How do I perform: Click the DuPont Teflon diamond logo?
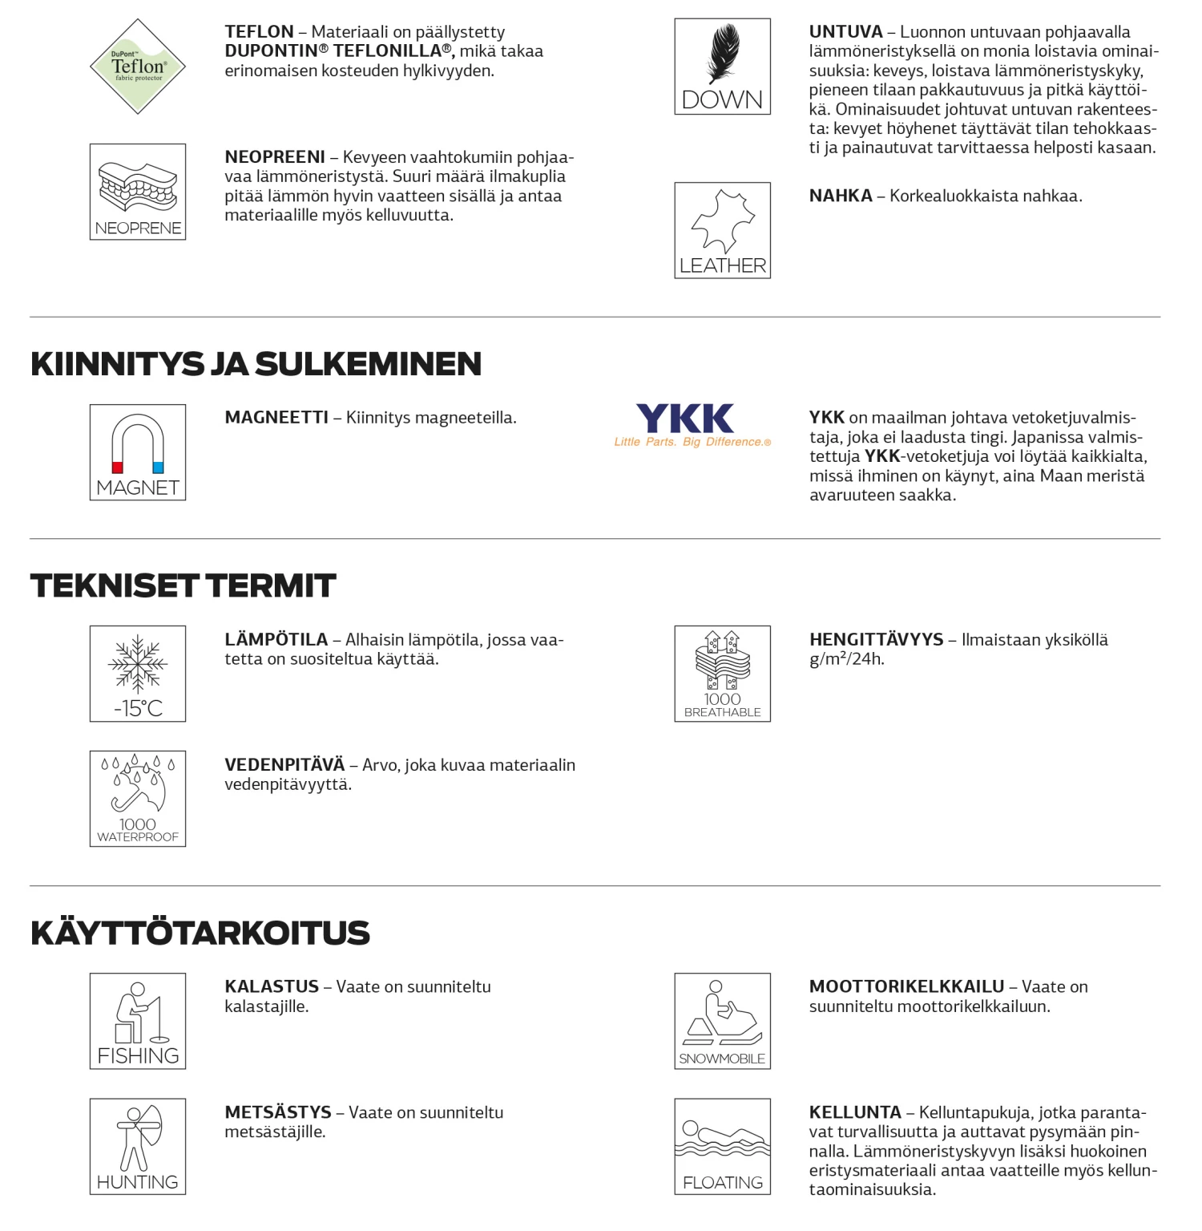[x=138, y=67]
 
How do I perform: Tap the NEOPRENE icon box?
[x=138, y=192]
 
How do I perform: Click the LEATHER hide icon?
[x=723, y=221]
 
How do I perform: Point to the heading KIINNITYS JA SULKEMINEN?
[x=256, y=364]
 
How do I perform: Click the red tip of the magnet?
[x=117, y=468]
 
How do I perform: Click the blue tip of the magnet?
[x=158, y=468]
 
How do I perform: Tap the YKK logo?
[x=685, y=419]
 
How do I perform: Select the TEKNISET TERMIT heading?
[x=183, y=586]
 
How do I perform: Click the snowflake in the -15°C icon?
[x=138, y=664]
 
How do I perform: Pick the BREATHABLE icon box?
[x=723, y=674]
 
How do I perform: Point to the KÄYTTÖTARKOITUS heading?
[x=200, y=933]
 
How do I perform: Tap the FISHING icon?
[x=138, y=1021]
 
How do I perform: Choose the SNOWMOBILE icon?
[x=723, y=1021]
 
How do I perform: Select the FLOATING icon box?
[x=723, y=1147]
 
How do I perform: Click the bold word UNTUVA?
[x=845, y=32]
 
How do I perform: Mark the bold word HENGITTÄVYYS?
[x=876, y=640]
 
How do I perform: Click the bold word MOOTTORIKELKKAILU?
[x=906, y=987]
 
